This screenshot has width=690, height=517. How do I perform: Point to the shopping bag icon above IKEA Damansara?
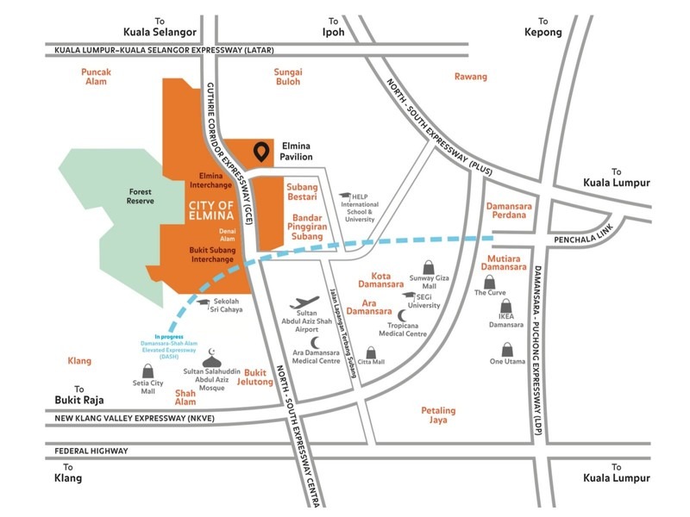coord(507,307)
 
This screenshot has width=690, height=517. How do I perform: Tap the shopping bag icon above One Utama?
coord(507,350)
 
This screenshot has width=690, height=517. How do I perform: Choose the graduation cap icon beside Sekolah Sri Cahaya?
coord(204,301)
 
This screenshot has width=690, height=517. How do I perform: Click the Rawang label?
coord(471,77)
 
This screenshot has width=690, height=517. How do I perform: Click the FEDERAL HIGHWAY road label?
coord(91,451)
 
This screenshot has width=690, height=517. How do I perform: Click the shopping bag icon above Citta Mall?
coord(372,352)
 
